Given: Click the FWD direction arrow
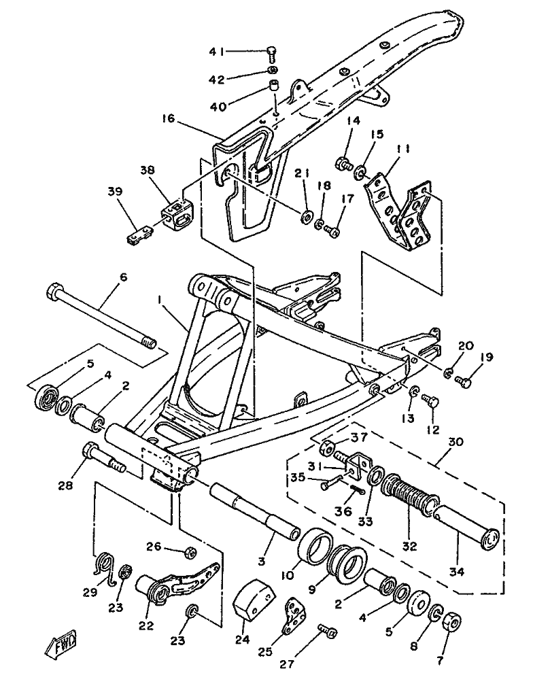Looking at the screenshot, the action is point(61,643).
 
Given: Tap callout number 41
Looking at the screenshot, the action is point(217,52).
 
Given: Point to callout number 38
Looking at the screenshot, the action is point(148,170).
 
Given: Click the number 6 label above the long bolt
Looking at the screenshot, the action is point(124,277).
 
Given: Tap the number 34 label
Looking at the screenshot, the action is point(457,572).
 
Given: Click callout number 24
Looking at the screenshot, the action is point(242,639).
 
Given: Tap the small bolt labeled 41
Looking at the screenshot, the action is point(272,55).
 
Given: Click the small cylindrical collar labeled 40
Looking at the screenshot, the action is point(275,85).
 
